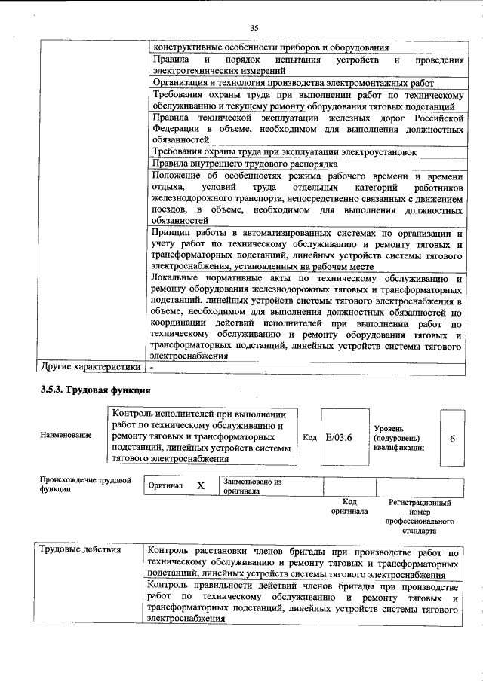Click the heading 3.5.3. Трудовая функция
(96, 390)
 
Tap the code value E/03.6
(339, 436)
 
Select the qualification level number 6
(451, 437)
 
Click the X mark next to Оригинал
(201, 486)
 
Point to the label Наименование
(66, 436)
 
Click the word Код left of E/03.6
(309, 436)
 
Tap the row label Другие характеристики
(90, 368)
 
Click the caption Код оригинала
(349, 506)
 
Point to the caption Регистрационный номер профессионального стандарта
(419, 516)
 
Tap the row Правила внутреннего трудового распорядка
(245, 164)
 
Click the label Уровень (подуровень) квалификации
(398, 437)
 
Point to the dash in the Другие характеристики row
(152, 368)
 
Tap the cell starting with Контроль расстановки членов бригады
(303, 563)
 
